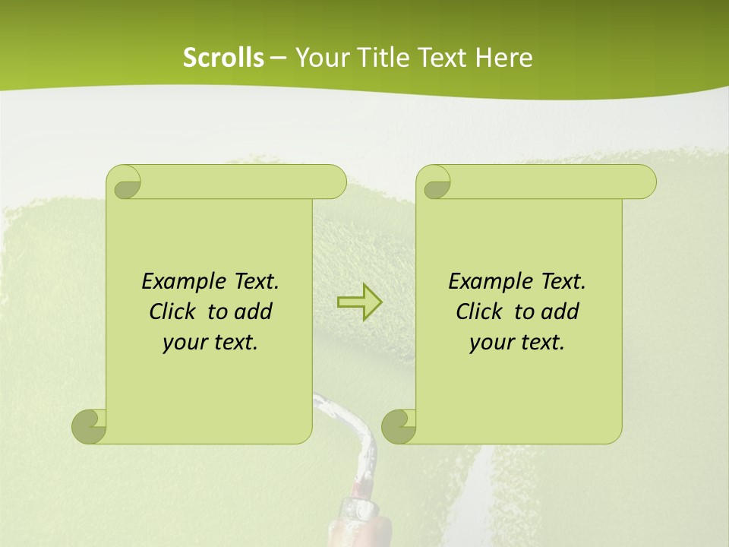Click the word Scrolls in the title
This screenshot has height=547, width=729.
223,58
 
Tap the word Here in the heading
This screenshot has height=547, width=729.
504,58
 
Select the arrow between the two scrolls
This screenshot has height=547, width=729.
359,302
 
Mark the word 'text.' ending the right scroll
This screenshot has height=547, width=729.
540,343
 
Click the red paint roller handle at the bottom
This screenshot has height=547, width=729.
364,524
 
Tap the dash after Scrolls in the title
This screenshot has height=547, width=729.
278,58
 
